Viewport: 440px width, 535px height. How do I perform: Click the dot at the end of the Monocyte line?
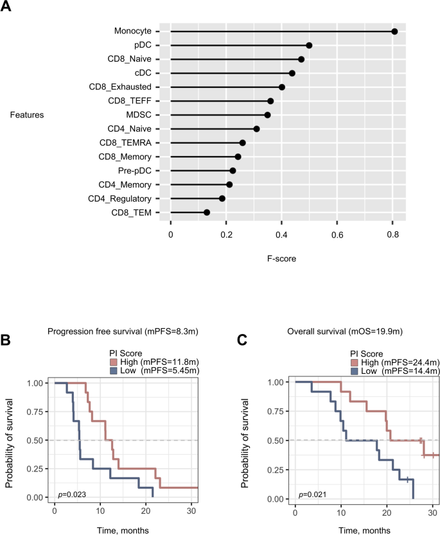pos(394,31)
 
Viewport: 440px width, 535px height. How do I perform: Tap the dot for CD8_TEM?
pos(207,212)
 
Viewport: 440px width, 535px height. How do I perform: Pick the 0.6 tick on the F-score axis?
pos(337,235)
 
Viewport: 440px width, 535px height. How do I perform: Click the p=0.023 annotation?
pos(72,495)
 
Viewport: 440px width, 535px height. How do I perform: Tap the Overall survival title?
pos(348,331)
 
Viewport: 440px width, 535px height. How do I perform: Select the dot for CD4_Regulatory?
pos(222,198)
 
